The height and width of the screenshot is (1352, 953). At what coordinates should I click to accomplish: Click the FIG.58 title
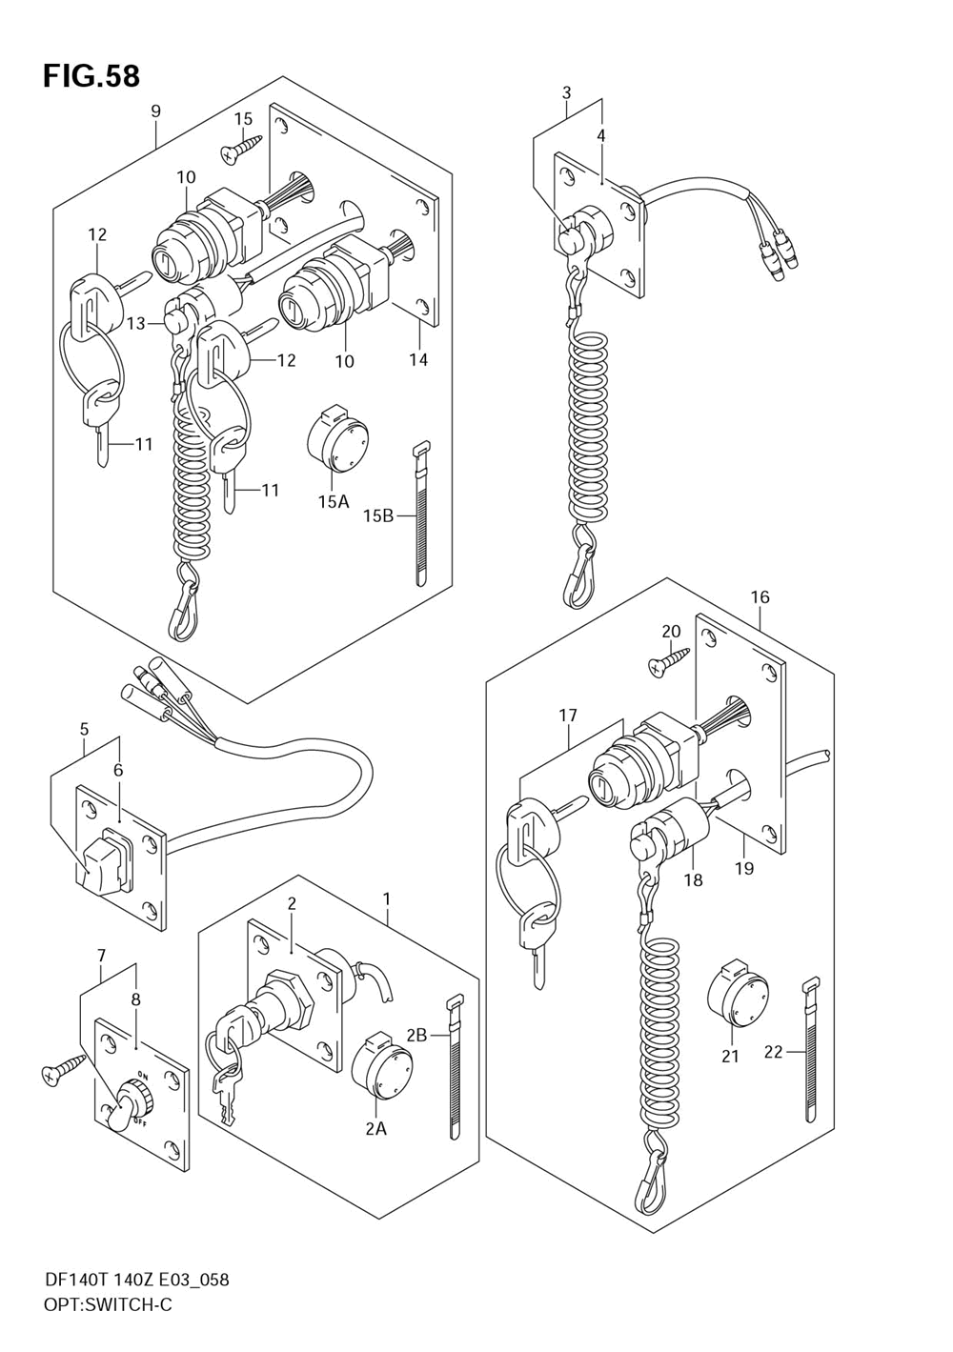pos(91,76)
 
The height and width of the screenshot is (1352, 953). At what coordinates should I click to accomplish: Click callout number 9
pos(155,111)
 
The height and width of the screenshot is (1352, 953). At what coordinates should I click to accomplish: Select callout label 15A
pos(334,501)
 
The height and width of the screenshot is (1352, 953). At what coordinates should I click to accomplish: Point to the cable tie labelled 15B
pos(420,513)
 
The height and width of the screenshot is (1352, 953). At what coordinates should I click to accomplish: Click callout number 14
pos(418,360)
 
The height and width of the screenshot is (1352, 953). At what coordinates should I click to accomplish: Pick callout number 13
pos(136,324)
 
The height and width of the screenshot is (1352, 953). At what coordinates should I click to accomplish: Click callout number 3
pos(566,93)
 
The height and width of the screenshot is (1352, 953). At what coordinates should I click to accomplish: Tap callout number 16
pos(760,597)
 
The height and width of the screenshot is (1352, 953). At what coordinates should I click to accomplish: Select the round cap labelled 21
pos(738,991)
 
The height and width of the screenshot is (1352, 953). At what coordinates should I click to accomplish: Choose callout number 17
pos(568,716)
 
